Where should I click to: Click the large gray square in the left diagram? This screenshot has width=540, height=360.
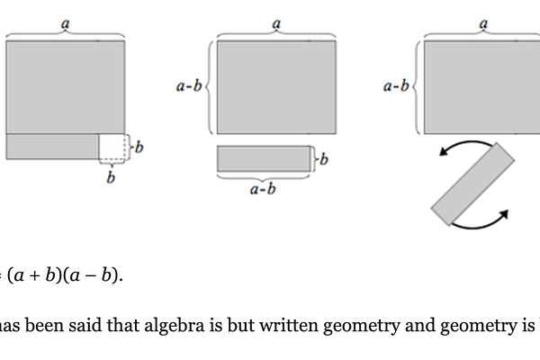(65, 86)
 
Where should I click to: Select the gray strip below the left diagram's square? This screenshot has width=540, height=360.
(52, 145)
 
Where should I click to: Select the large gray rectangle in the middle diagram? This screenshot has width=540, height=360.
(276, 86)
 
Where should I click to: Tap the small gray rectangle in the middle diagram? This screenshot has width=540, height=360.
(265, 159)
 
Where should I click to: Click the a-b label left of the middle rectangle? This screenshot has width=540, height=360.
(189, 87)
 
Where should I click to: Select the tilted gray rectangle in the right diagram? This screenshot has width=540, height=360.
(472, 184)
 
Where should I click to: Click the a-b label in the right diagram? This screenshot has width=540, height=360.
(396, 87)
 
